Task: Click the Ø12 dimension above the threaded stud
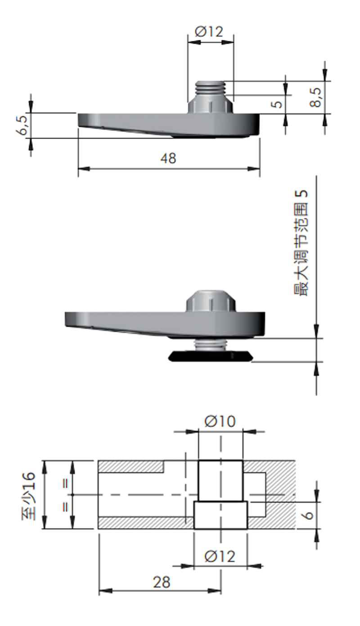click(209, 32)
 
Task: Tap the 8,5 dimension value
click(316, 98)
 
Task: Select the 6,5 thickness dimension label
click(23, 125)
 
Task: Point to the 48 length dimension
click(168, 158)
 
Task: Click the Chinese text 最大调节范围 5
click(301, 243)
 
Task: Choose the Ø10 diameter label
click(220, 421)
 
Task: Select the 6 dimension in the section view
click(309, 515)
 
